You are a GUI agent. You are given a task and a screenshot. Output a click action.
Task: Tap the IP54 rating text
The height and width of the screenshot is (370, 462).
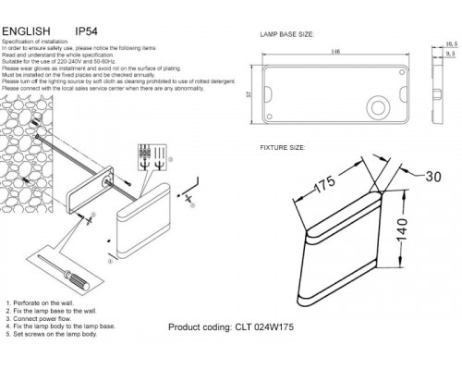point(86,31)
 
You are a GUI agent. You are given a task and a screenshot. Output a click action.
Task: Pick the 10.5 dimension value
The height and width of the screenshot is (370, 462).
point(451,43)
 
